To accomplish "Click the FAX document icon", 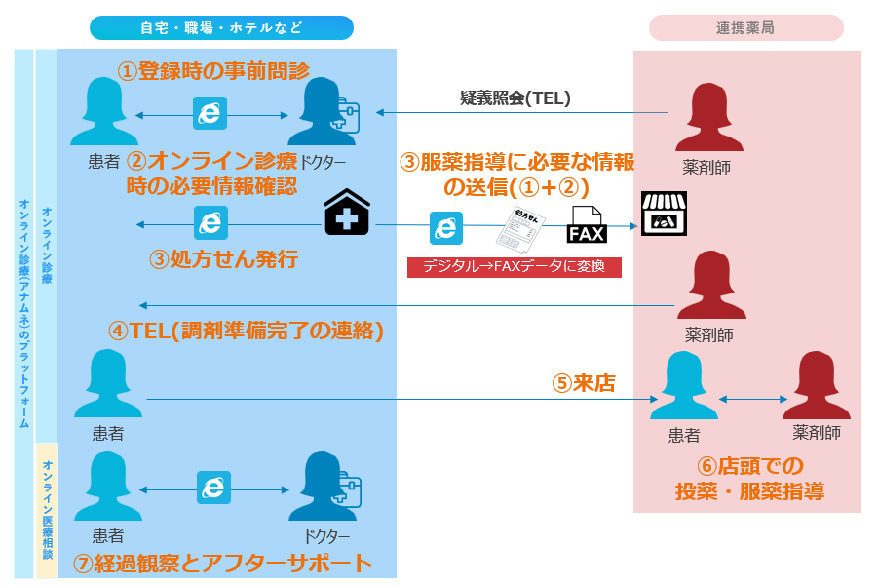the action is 587,224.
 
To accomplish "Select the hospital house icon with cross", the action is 347,213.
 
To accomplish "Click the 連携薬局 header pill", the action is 745,27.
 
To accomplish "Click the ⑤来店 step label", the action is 584,383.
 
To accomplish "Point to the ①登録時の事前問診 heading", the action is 213,70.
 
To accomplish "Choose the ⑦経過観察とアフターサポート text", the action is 223,563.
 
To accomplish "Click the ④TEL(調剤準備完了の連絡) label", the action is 247,331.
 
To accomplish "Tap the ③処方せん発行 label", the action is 223,259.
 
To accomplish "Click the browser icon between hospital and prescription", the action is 446,228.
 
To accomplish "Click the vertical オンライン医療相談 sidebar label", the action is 47,510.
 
